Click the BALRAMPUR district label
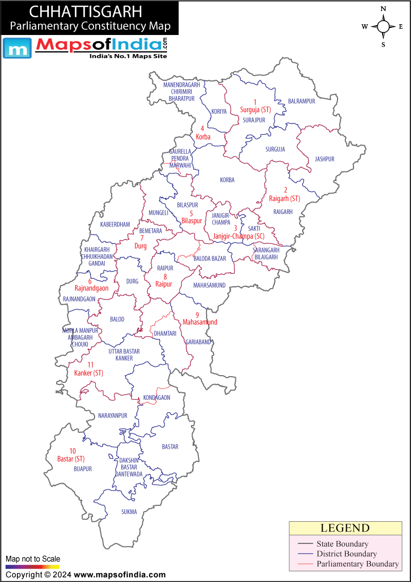[301, 101]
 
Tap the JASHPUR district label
[324, 159]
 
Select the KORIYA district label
[219, 111]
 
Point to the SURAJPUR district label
[254, 120]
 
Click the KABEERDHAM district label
[115, 224]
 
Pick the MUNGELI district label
[158, 213]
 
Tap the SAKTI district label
[254, 228]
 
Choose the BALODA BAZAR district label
[210, 258]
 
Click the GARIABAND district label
[198, 342]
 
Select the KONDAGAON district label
[157, 397]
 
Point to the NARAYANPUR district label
[113, 415]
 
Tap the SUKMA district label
[129, 512]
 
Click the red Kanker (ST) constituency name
[88, 373]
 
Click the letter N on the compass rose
[383, 9]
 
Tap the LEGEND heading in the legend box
[345, 528]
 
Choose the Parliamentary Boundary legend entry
[357, 563]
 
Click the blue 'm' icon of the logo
[16, 49]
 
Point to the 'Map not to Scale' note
[33, 559]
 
